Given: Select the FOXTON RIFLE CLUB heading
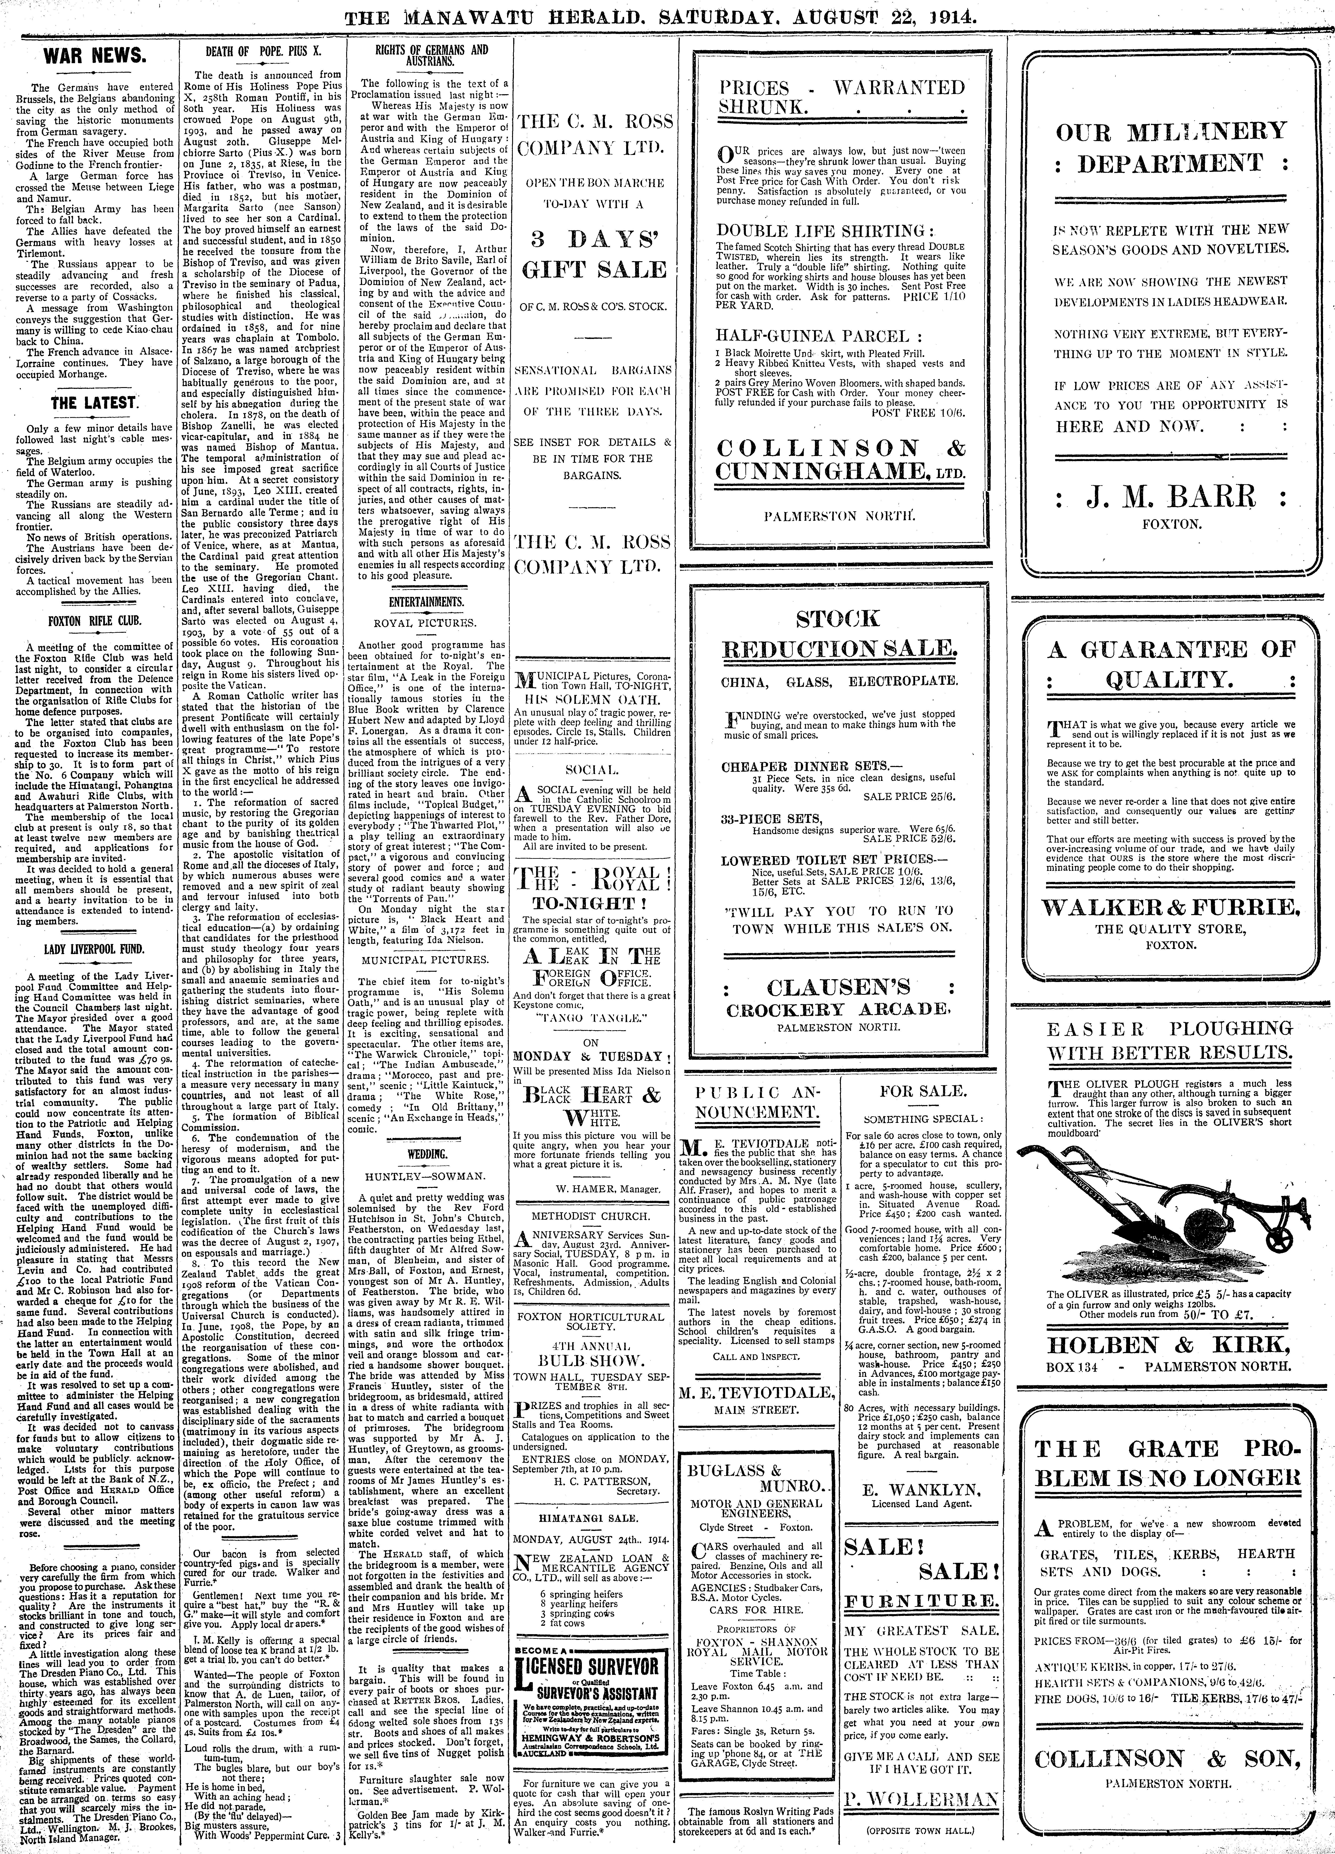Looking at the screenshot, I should pyautogui.click(x=94, y=620).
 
